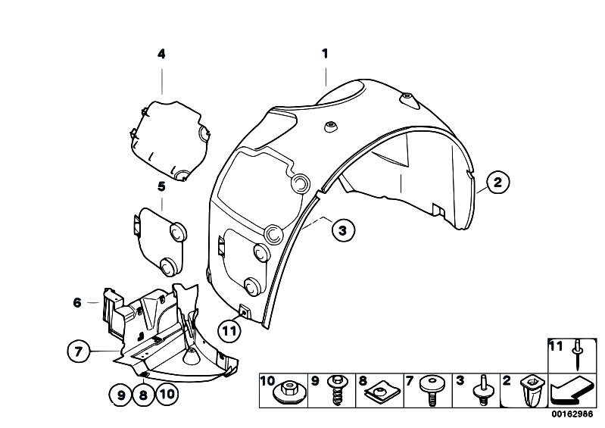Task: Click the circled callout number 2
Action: (497, 182)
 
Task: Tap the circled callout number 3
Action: (342, 230)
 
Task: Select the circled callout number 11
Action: (229, 331)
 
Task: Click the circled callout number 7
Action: (79, 351)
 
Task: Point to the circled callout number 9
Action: (121, 395)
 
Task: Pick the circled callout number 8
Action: (143, 395)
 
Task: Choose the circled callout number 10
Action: (167, 395)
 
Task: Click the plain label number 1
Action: (326, 53)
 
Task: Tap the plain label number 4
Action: (161, 54)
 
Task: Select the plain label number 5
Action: (161, 187)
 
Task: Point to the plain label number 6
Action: (77, 302)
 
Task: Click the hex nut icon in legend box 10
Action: (288, 391)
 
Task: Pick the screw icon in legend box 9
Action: (337, 390)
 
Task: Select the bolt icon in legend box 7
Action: (432, 390)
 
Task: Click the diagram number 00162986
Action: (572, 414)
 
